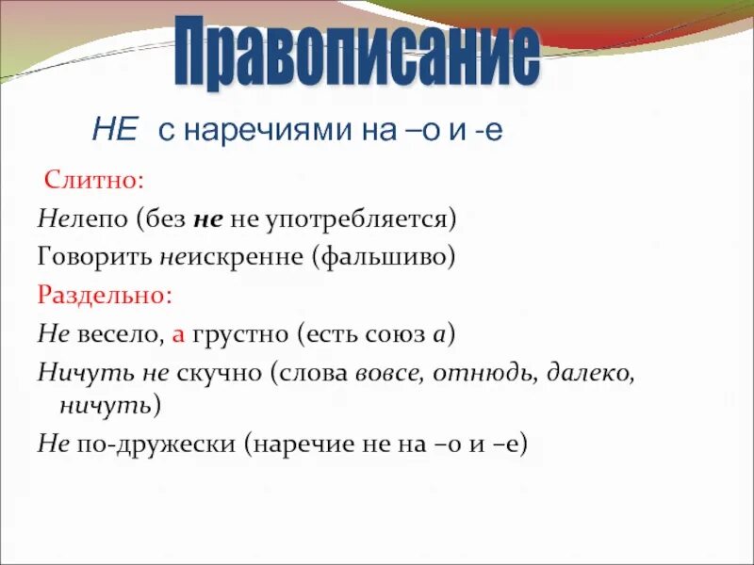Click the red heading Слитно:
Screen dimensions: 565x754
91,179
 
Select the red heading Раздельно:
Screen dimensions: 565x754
106,294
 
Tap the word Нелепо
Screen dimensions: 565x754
81,218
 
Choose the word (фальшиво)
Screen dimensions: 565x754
386,257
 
